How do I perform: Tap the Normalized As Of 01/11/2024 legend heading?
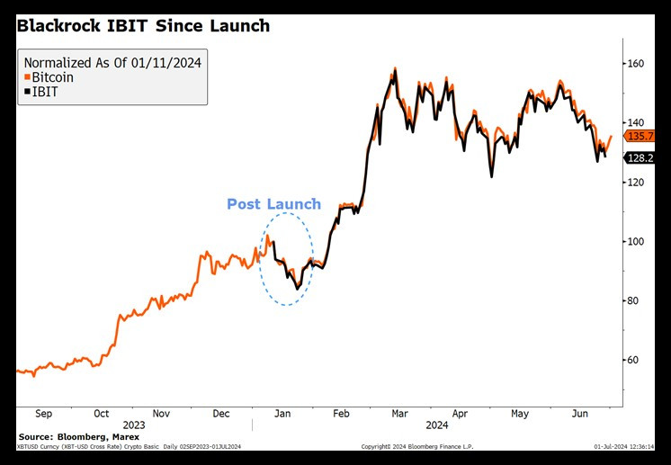coord(112,63)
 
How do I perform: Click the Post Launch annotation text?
coord(273,204)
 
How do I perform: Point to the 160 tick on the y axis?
coord(635,64)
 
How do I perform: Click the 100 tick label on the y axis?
coord(635,241)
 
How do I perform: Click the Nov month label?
coord(160,414)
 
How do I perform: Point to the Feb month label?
coord(340,414)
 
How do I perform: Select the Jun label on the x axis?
coord(581,414)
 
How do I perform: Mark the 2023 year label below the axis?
coord(133,425)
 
